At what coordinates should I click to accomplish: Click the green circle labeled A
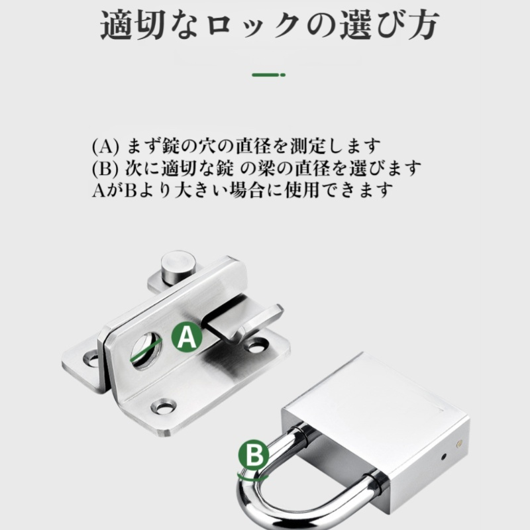[x=187, y=338]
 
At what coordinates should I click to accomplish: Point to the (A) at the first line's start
[x=105, y=145]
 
